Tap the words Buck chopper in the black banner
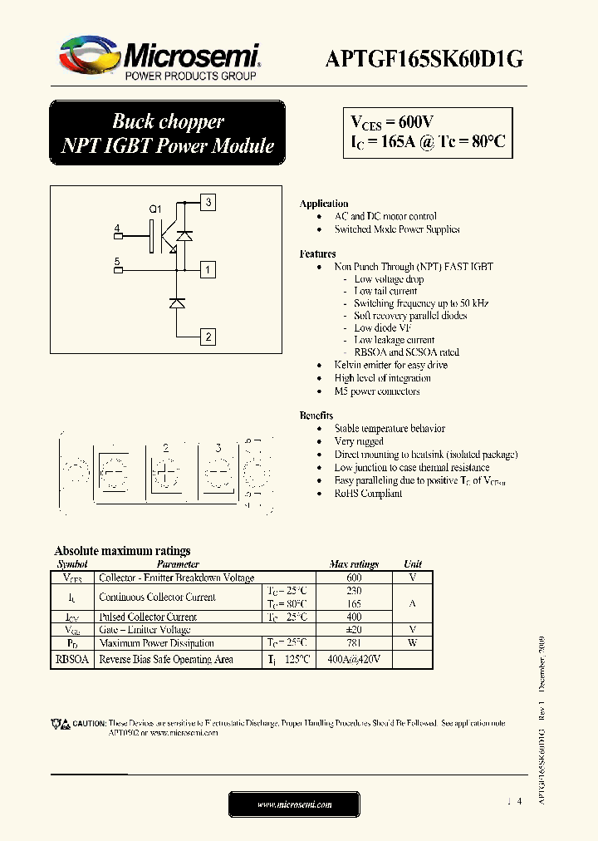(168, 121)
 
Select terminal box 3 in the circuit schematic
(209, 202)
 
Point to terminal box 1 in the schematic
(209, 269)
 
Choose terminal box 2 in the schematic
(209, 337)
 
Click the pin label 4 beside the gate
(117, 228)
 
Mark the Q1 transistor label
(155, 209)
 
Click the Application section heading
(324, 204)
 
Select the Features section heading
(317, 253)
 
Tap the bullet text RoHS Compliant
(368, 494)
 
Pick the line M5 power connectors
(377, 391)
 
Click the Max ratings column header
(354, 564)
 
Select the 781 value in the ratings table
(354, 643)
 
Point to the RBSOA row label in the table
(71, 660)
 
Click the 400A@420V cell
(354, 660)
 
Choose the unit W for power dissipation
(412, 643)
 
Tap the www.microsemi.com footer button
(294, 804)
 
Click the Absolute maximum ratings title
(122, 551)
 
